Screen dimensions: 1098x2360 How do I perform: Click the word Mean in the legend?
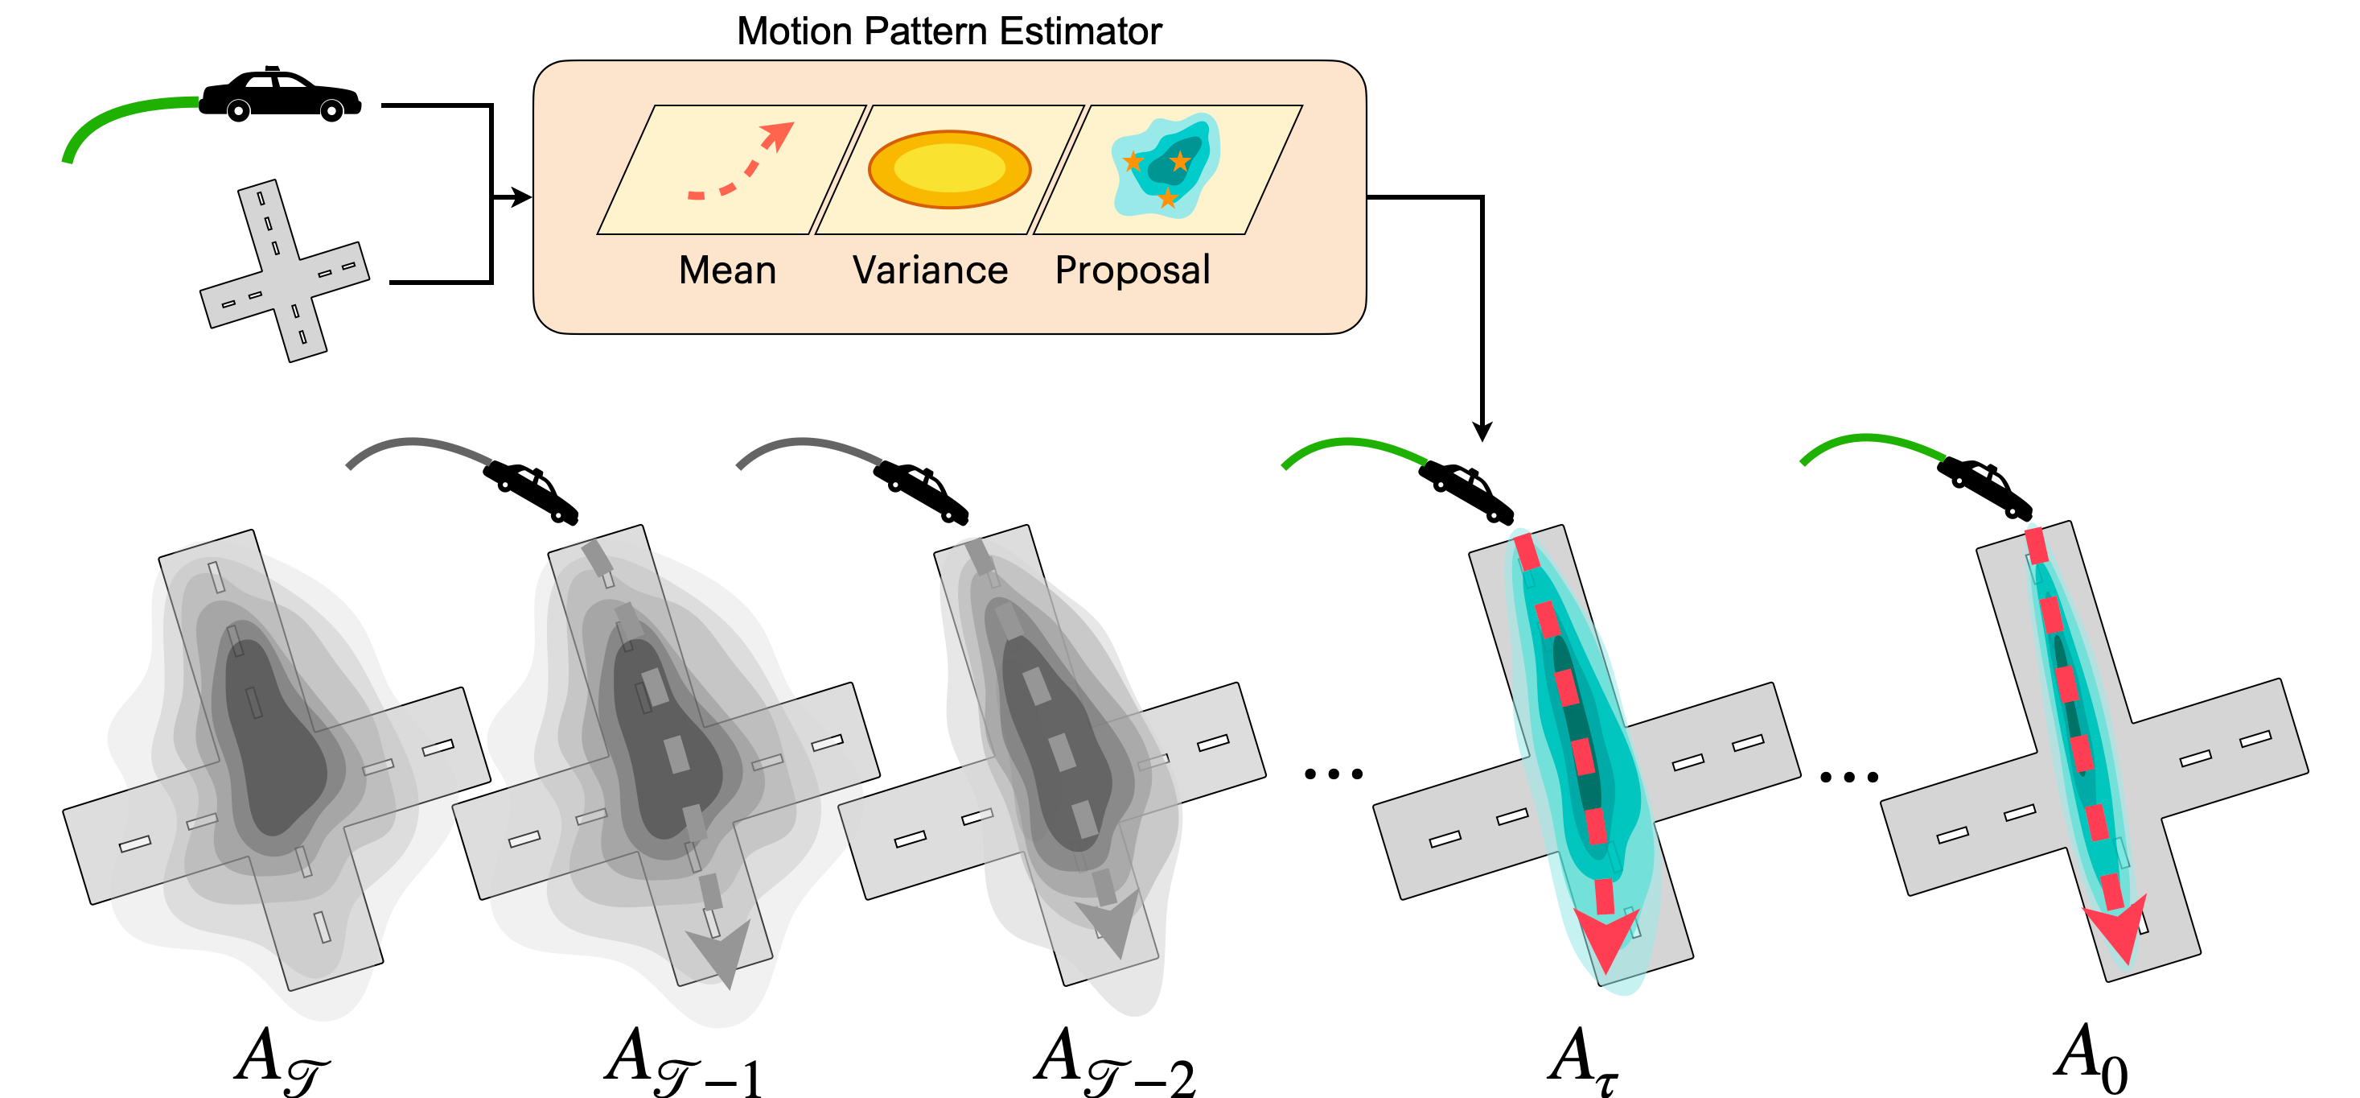[x=727, y=270]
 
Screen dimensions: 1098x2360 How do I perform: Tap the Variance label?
[x=930, y=270]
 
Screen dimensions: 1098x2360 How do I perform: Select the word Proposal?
[x=1133, y=270]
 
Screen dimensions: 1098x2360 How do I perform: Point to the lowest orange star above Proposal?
[x=1167, y=198]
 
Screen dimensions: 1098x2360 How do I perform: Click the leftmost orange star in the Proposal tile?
[x=1133, y=163]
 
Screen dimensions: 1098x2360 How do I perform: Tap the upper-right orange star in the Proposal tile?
[x=1181, y=161]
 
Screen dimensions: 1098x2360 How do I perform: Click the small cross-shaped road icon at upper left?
[x=284, y=270]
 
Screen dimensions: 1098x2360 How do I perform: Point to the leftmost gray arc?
[x=419, y=448]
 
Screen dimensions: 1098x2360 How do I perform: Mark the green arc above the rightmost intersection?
[x=1872, y=444]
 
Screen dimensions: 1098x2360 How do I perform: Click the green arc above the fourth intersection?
[x=1353, y=448]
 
